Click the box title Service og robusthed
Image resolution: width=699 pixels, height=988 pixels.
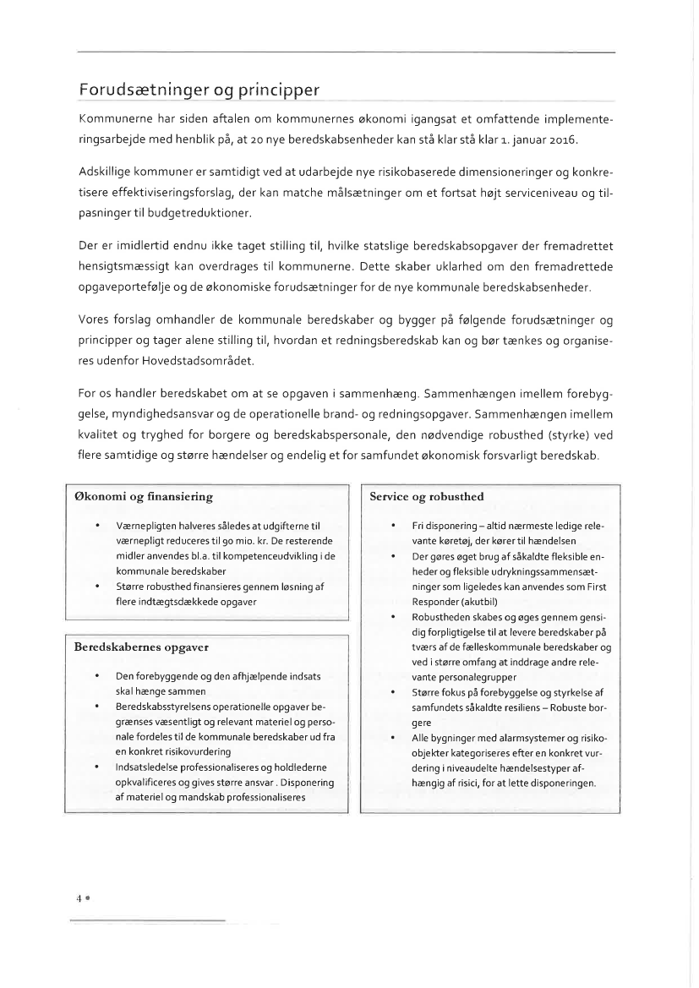click(x=427, y=496)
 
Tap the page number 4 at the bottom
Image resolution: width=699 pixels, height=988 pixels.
click(x=79, y=899)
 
